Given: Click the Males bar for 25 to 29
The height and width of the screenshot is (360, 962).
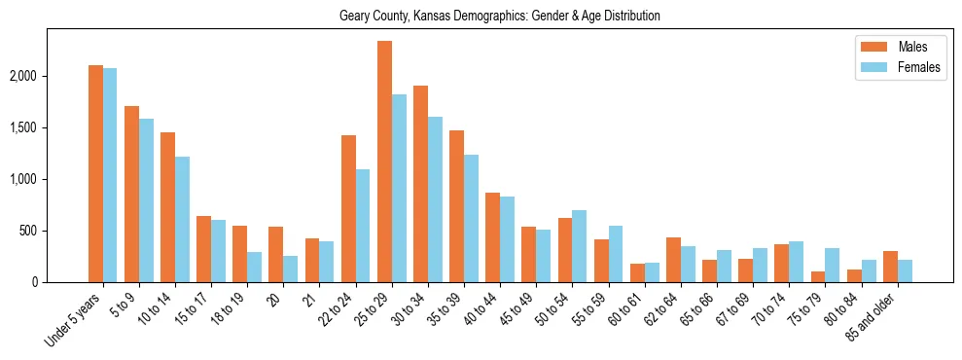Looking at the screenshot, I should [384, 162].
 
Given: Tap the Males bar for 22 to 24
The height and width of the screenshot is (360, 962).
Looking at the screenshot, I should [348, 208].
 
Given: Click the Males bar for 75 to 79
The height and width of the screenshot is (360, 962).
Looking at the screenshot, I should [818, 276].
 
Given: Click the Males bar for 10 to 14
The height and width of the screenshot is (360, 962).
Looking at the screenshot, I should [167, 207].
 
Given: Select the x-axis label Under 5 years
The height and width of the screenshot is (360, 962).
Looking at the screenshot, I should [74, 321].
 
